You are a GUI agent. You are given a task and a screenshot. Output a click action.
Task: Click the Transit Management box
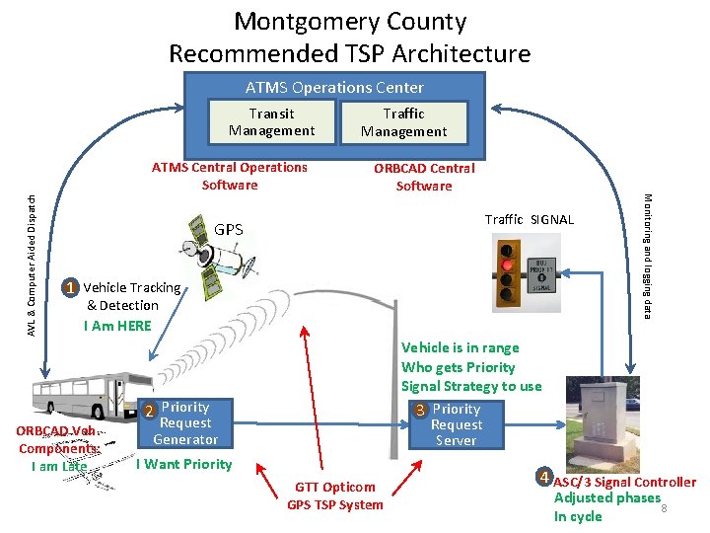point(271,122)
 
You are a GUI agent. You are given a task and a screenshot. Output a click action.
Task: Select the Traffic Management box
point(403,122)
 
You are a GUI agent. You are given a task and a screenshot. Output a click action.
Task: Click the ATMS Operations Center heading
point(334,88)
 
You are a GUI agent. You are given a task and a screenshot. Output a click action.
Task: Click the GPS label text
point(229,229)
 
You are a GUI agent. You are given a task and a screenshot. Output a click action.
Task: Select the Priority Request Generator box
point(184,422)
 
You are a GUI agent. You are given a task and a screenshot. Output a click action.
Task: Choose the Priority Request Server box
point(456,424)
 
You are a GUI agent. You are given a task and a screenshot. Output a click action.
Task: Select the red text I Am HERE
point(119,326)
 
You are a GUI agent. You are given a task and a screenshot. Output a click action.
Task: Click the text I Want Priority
point(183,464)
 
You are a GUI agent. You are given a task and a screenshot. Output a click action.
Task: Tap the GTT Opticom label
point(335,487)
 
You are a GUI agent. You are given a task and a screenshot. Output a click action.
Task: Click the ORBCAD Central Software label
point(424,177)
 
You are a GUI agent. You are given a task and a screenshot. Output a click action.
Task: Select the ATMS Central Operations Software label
point(230,176)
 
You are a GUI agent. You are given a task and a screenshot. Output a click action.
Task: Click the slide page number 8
point(665,508)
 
